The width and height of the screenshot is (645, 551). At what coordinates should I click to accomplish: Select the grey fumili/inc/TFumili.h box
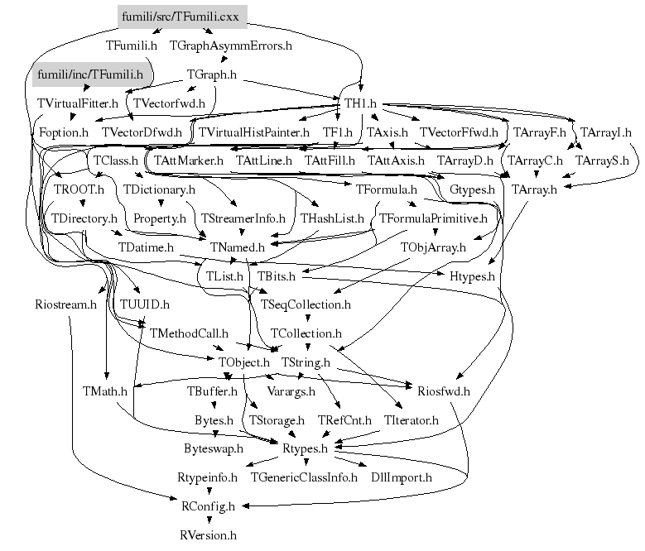coord(89,74)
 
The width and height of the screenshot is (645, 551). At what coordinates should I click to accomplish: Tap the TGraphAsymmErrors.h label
coord(230,45)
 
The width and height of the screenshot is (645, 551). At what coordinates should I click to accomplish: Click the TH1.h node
coord(360,103)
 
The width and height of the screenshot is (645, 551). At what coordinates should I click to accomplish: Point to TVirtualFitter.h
coord(78,103)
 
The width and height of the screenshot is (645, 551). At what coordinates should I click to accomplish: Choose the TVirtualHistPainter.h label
coord(253,132)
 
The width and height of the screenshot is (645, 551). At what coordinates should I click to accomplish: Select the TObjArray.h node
coord(433,247)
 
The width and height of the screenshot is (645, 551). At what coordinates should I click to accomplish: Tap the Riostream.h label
coord(66,304)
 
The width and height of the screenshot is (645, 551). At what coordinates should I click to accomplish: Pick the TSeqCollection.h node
coord(306,304)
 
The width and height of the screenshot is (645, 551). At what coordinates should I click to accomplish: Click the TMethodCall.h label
coord(188,333)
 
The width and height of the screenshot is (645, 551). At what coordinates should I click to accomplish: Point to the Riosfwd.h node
coord(444,390)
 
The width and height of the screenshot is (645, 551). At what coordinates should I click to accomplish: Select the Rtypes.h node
coord(306,448)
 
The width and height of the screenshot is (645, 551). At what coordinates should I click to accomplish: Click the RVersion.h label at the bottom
coord(208,534)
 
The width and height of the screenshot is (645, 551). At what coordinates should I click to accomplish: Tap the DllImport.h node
coord(402,477)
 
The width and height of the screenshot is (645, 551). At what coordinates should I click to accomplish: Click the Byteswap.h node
coord(214,448)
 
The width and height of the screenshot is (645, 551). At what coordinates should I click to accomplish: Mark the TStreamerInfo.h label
coord(243,218)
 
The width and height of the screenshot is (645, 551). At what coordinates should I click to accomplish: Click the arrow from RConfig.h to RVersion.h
coord(208,520)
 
